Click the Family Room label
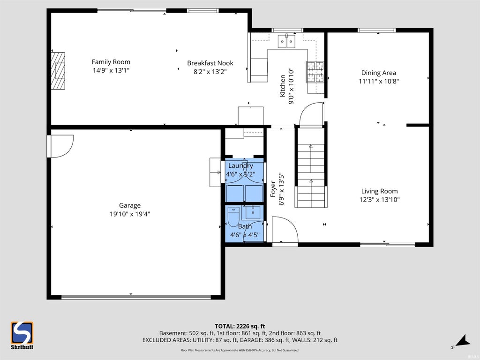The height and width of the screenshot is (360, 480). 111,62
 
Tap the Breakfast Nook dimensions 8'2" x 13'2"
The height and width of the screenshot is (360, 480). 210,72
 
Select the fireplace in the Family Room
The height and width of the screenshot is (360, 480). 58,71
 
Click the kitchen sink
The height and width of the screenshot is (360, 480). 286,41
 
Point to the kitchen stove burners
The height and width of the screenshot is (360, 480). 315,72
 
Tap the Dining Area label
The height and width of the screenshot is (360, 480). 379,73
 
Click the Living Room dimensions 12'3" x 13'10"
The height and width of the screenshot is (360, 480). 380,200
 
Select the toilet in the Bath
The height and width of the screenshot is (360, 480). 233,216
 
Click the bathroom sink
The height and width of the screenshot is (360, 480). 253,212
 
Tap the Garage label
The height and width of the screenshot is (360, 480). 130,205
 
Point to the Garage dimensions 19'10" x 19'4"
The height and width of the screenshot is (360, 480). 130,214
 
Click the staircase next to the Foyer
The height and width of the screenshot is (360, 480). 311,167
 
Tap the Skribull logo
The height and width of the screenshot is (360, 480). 22,335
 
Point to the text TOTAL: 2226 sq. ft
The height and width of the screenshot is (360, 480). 240,326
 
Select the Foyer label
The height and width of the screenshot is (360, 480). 273,189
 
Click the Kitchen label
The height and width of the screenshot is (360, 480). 283,86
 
